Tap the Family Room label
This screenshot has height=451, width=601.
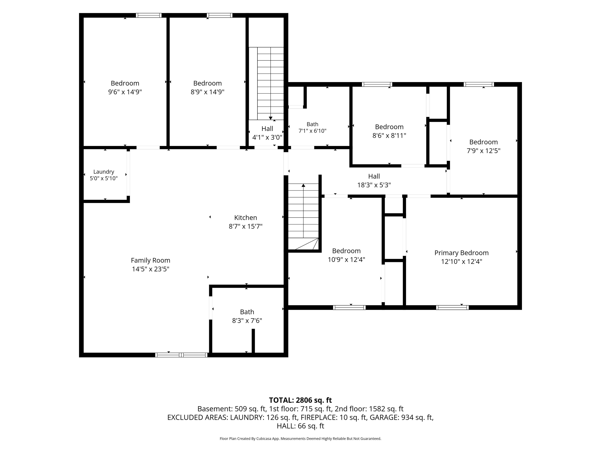(x=151, y=260)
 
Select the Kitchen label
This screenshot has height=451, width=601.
(x=246, y=218)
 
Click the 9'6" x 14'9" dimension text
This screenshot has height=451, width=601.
(x=125, y=92)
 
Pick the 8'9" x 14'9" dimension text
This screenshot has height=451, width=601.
(x=208, y=92)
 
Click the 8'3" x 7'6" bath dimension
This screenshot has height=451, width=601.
(x=247, y=321)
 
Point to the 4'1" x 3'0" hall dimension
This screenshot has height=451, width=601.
(x=267, y=137)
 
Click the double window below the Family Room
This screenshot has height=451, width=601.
(x=181, y=355)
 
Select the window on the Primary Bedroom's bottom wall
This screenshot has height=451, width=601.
(x=452, y=307)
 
